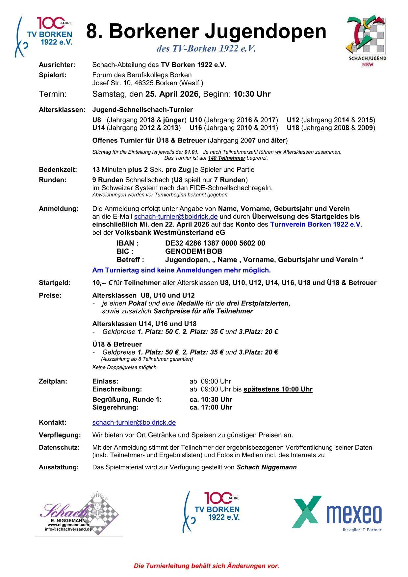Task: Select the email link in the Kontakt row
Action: [x=134, y=422]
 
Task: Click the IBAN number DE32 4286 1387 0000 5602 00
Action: [x=215, y=243]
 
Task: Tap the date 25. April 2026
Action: [x=172, y=94]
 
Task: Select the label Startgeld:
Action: [x=55, y=283]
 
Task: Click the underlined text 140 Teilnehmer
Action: [x=226, y=158]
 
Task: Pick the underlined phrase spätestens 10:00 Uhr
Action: [x=278, y=389]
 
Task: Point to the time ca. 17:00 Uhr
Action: [x=211, y=407]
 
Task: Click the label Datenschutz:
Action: [x=59, y=448]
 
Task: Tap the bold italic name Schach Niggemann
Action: [x=267, y=467]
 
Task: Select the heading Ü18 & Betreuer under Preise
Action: [x=117, y=344]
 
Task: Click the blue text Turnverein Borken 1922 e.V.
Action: [x=316, y=224]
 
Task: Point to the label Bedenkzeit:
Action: [x=58, y=170]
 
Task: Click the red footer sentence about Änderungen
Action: [x=206, y=566]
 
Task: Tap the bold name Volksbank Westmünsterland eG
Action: [x=170, y=233]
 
